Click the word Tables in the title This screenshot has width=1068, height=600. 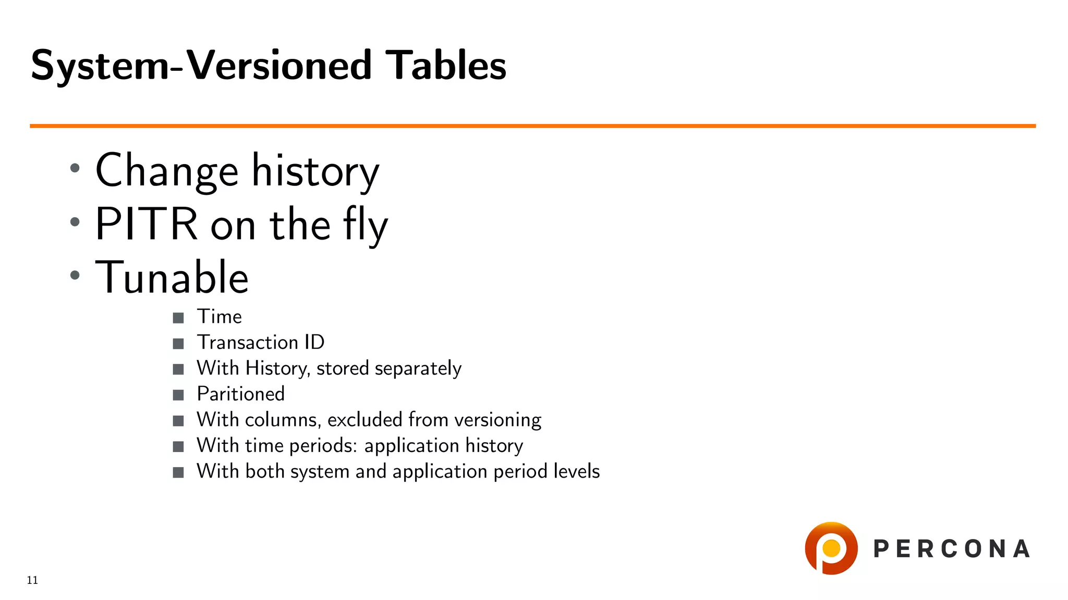(445, 66)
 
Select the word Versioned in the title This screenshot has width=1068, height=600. (279, 66)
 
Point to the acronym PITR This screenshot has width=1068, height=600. (147, 224)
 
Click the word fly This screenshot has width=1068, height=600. (365, 225)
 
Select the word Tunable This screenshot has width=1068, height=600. (172, 277)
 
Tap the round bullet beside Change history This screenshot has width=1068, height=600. (75, 168)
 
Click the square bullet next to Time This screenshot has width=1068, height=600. (178, 318)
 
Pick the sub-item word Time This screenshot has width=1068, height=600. (219, 317)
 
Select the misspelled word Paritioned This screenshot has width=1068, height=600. (240, 394)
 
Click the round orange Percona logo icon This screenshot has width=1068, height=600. (831, 548)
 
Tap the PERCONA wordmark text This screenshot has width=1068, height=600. (951, 549)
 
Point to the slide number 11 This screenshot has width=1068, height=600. (32, 580)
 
